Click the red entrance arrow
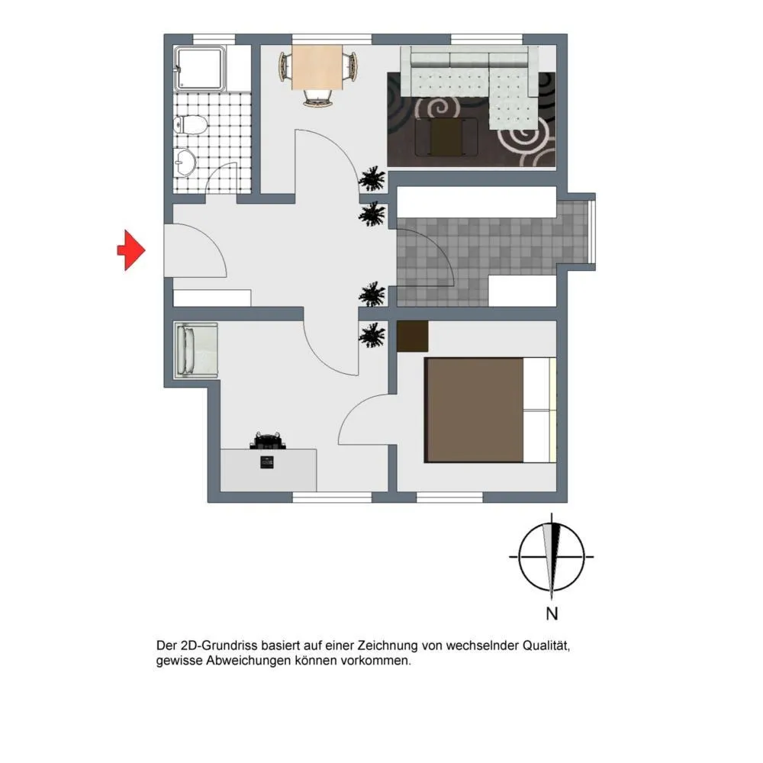pos(131,250)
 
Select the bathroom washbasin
pos(185,161)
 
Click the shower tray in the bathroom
pos(200,68)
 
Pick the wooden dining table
pos(317,67)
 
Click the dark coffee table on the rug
pos(446,137)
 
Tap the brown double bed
pos(491,410)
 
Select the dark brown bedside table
pos(413,336)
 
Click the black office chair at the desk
pos(268,440)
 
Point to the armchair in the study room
pos(196,350)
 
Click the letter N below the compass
pos(552,613)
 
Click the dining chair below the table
pos(317,98)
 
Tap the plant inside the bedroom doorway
pos(372,335)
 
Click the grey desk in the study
pos(269,470)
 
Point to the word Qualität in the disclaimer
pos(546,645)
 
